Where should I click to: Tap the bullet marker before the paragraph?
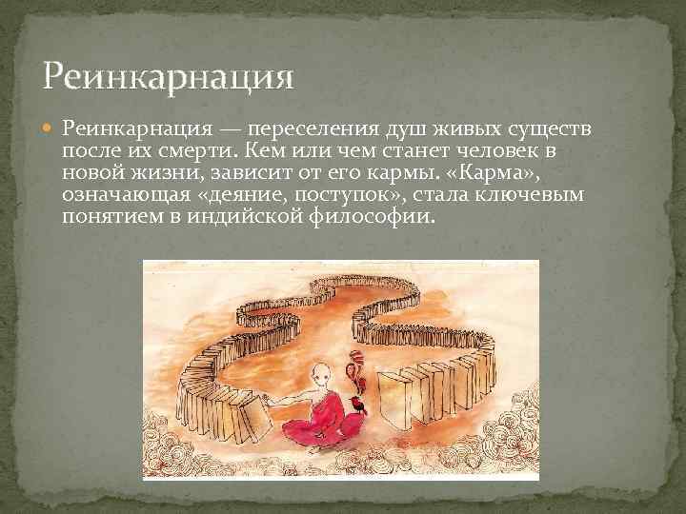(50, 128)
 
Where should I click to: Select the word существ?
(542, 128)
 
